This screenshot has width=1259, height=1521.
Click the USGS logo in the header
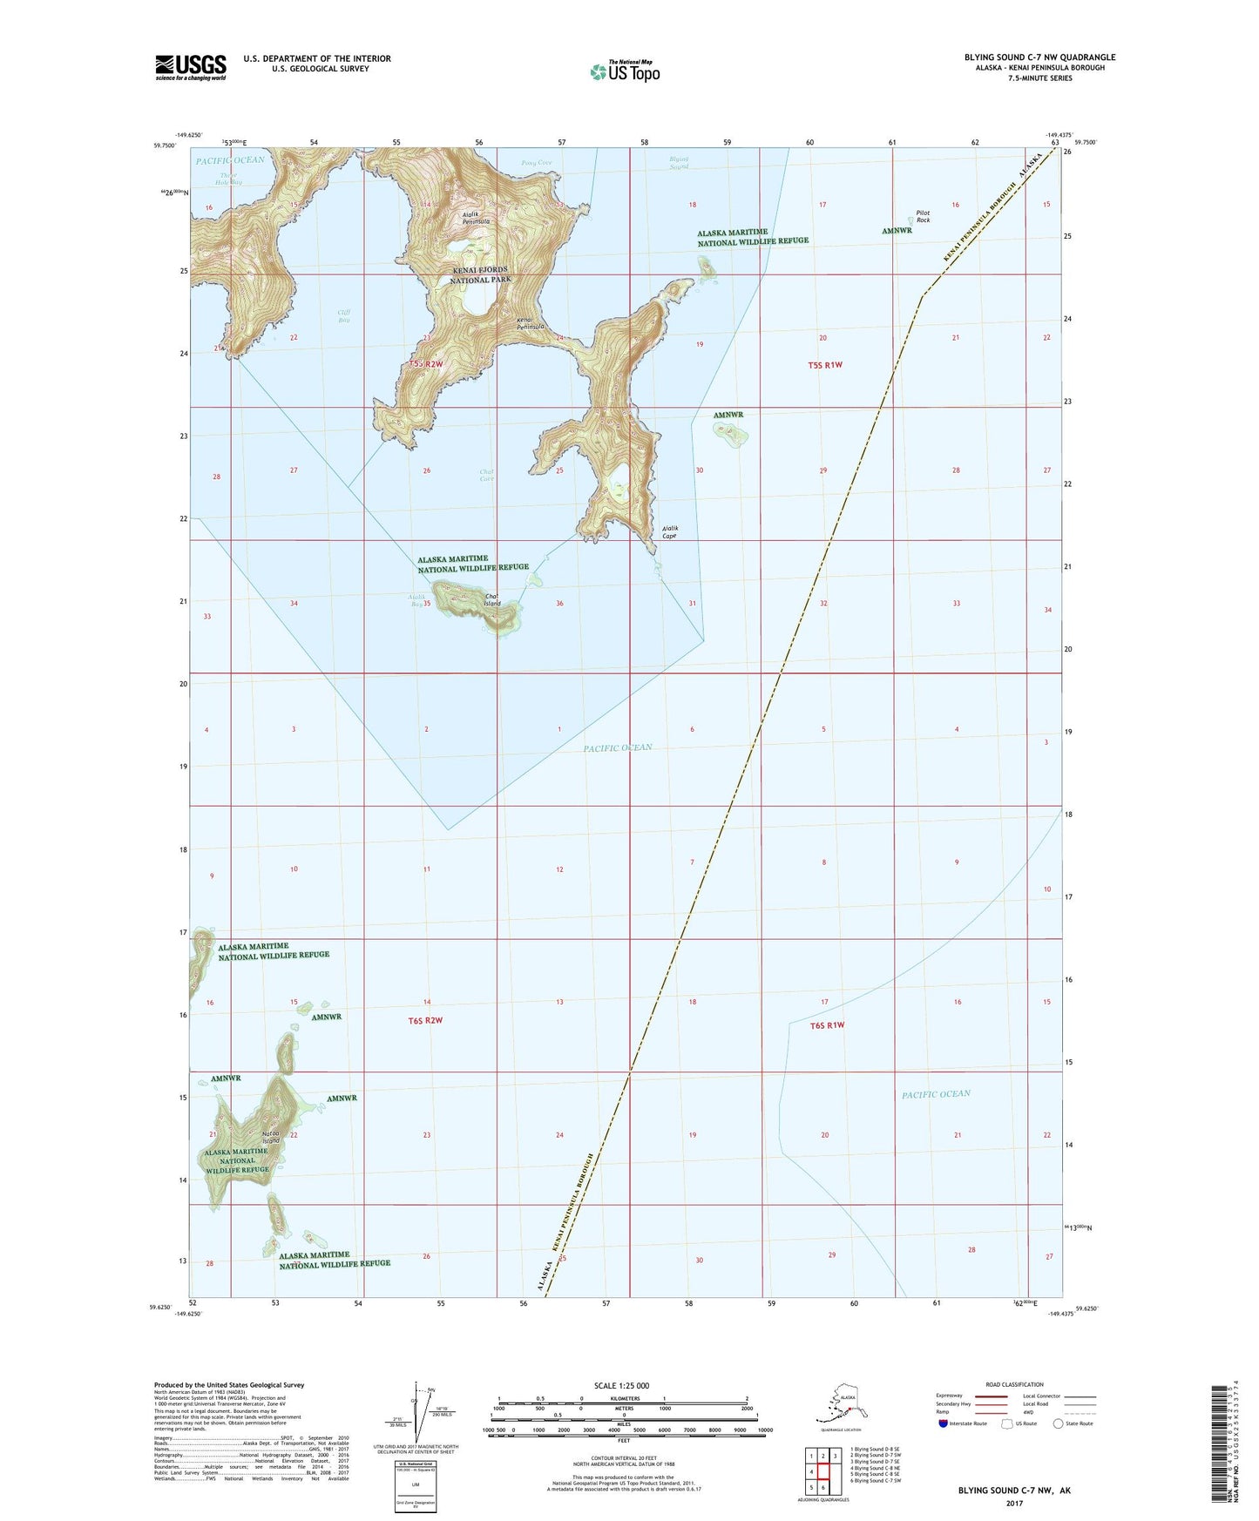tap(190, 67)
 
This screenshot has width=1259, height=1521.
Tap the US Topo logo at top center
tap(624, 71)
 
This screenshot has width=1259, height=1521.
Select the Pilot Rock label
tap(923, 216)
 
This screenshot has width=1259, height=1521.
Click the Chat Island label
tap(492, 600)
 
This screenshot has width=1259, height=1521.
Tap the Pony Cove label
tap(536, 163)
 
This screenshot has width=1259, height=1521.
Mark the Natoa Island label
tap(270, 1137)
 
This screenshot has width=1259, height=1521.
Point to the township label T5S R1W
tap(824, 365)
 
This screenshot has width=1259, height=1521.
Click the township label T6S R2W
tap(424, 1020)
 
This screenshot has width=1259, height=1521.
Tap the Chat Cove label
tap(486, 476)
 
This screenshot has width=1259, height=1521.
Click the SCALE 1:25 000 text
tap(622, 1385)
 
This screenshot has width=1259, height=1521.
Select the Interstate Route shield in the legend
tap(944, 1423)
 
